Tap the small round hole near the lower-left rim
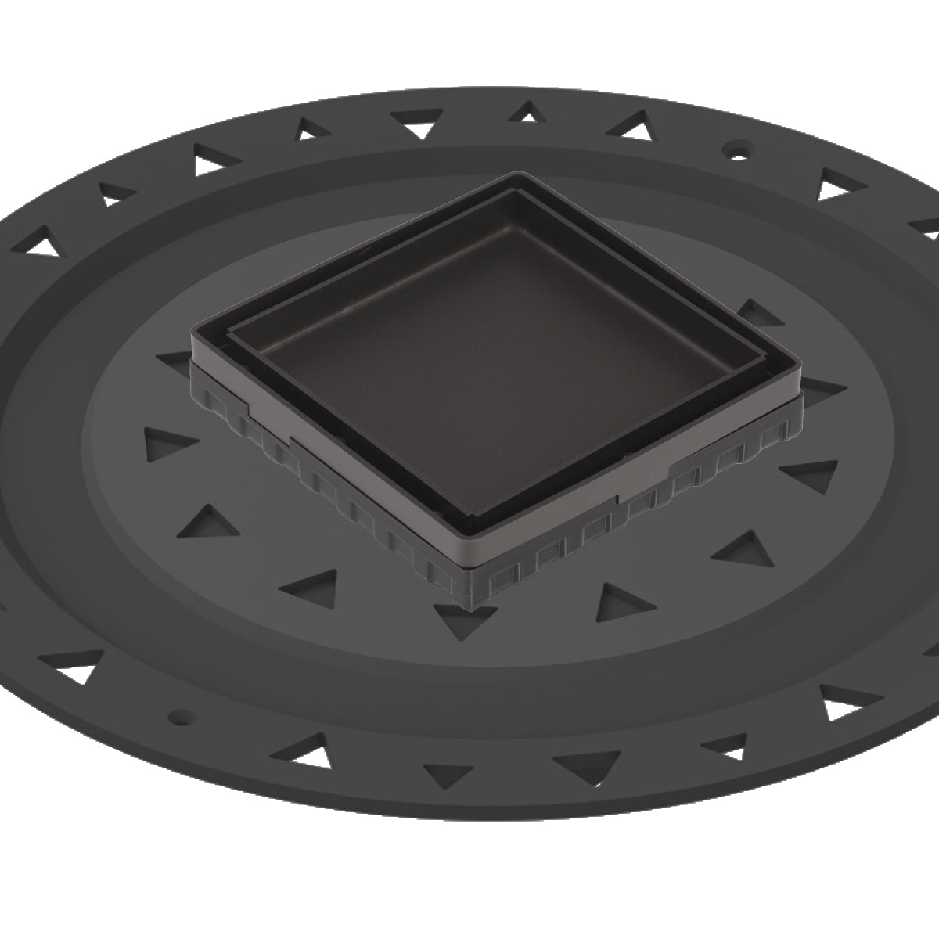tap(182, 715)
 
